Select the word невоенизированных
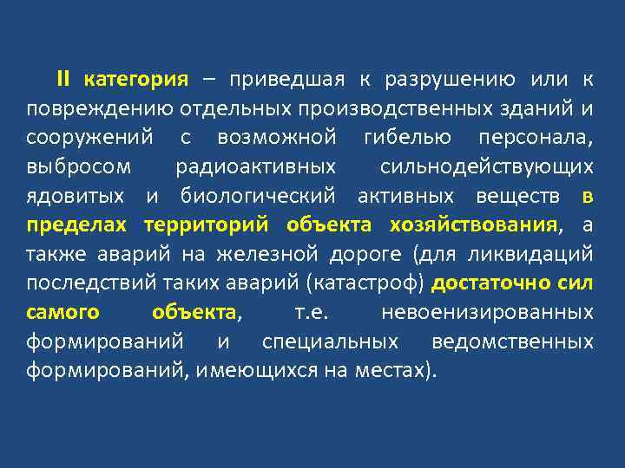[x=487, y=312]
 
